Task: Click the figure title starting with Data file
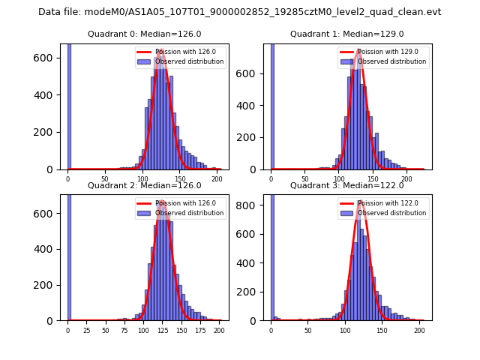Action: coord(240,12)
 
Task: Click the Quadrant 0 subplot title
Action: coord(145,34)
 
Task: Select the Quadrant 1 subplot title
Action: coord(347,34)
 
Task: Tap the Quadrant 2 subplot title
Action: coord(145,185)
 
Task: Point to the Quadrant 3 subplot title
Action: coord(347,185)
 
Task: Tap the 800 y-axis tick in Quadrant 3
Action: coord(253,204)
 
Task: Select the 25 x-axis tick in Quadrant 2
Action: coord(86,330)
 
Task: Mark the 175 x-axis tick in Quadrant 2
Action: coord(199,330)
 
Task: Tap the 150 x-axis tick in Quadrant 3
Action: coord(381,330)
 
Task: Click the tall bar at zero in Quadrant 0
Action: coord(69,105)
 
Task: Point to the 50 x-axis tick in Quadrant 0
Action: coord(105,179)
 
